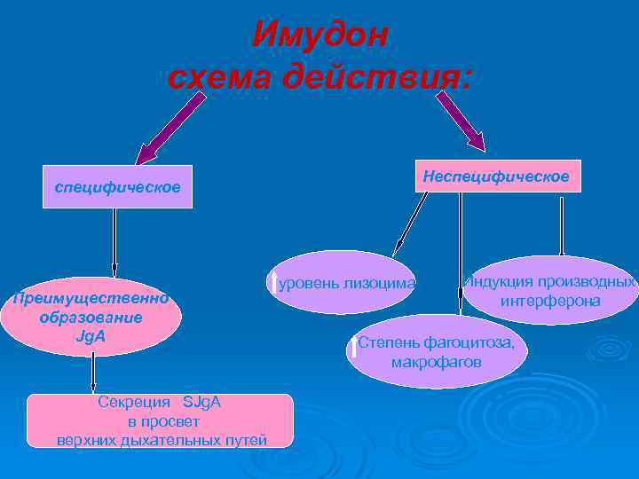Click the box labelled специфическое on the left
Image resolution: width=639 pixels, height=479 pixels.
click(x=117, y=187)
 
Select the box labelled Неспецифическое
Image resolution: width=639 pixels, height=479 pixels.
click(x=496, y=176)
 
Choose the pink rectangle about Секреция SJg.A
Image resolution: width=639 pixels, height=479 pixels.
click(x=160, y=420)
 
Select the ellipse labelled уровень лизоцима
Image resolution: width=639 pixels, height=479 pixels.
click(x=341, y=283)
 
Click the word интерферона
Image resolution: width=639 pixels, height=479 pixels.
click(x=550, y=301)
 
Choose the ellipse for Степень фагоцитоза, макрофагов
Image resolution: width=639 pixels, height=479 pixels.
click(x=437, y=352)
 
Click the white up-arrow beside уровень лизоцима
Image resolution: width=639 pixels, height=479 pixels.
click(x=273, y=281)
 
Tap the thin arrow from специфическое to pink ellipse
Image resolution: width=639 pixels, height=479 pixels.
click(x=114, y=241)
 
